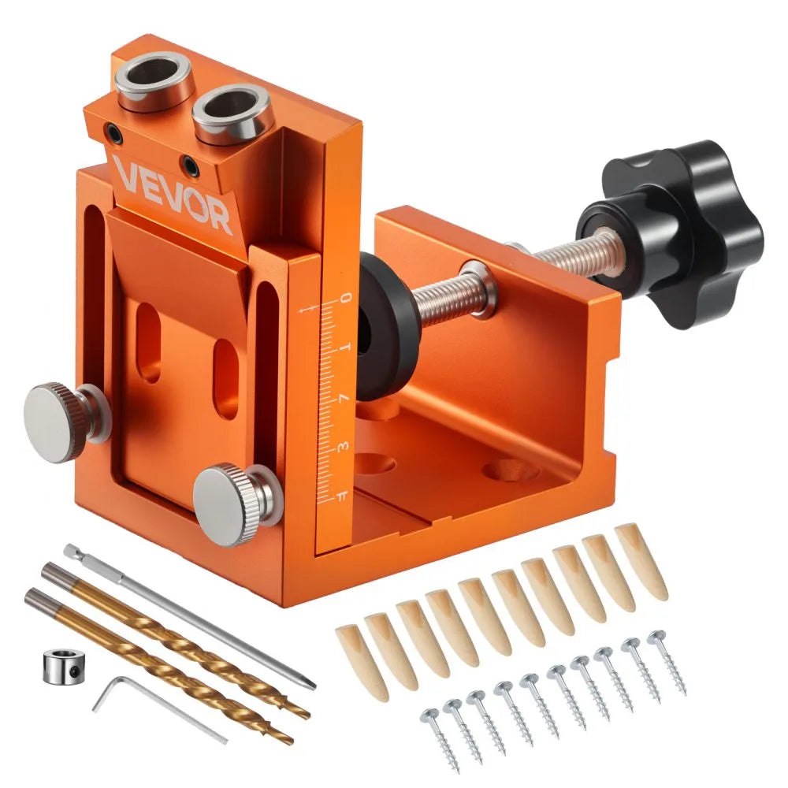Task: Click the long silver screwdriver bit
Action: [x=189, y=615]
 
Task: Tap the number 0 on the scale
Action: [x=344, y=298]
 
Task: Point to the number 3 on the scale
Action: [x=342, y=448]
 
